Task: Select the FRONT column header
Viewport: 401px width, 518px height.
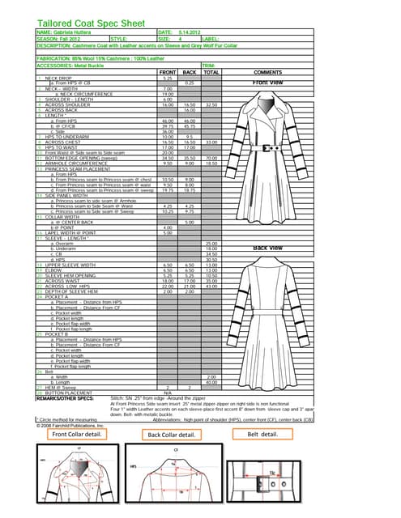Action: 168,71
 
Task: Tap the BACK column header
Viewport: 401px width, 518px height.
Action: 190,71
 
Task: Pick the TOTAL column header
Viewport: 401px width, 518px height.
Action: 211,71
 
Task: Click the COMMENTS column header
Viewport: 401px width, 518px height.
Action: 267,71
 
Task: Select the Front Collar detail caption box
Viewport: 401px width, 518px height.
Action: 77,434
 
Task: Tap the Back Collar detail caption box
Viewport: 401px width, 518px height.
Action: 173,435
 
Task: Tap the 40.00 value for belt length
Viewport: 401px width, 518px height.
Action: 211,382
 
